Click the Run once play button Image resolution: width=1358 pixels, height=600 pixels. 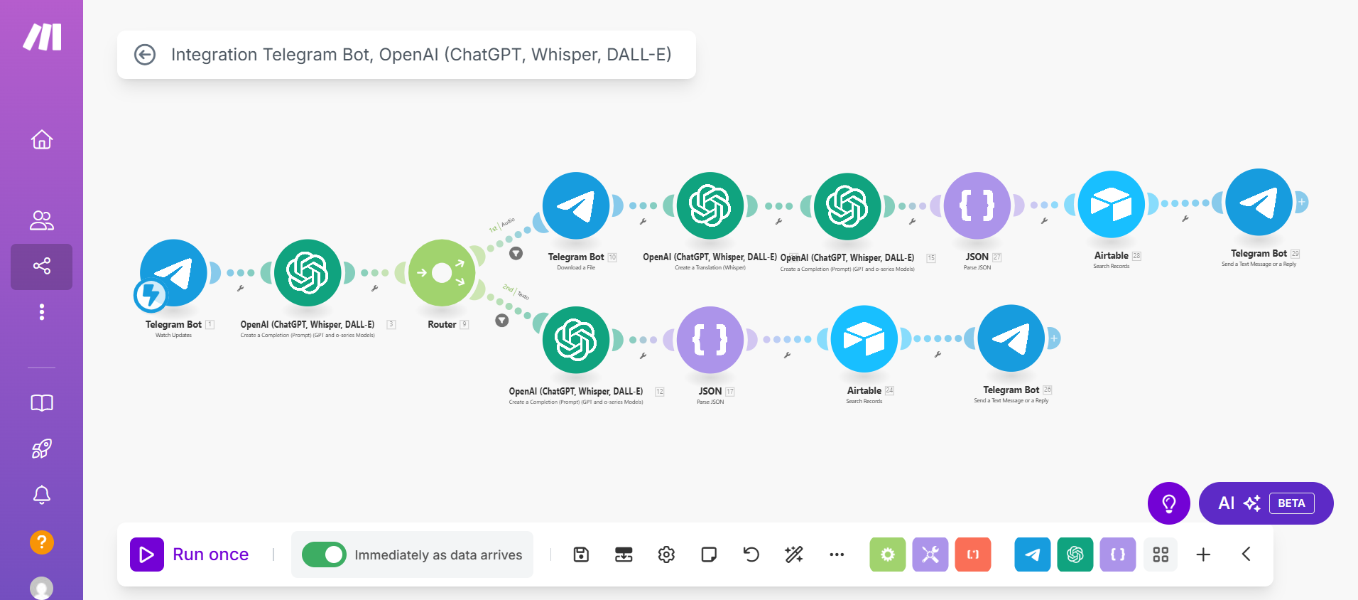[147, 555]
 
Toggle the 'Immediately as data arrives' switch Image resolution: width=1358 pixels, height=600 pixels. [324, 555]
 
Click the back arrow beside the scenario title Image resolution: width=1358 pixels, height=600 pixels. [145, 55]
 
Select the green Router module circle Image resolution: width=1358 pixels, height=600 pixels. [442, 273]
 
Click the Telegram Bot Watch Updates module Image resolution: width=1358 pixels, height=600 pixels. [173, 273]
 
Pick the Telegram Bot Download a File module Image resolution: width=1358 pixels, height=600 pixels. [576, 205]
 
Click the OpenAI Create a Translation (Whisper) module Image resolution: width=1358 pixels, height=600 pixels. [710, 205]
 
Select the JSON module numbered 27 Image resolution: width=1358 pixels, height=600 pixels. [977, 205]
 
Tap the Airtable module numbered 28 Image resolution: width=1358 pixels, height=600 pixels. [1112, 205]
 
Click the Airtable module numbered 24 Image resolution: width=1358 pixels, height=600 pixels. [864, 339]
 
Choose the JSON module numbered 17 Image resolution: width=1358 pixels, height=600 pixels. [710, 340]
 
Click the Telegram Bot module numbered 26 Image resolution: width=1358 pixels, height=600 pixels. [1011, 338]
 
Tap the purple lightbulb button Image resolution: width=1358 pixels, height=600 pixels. [1168, 503]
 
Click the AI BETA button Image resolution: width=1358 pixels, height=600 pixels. [1266, 503]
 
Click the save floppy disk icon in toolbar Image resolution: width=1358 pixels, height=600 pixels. [581, 555]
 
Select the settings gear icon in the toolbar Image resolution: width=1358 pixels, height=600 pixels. [666, 555]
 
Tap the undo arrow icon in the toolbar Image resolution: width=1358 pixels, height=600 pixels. [751, 555]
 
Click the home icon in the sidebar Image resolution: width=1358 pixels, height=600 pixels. [42, 139]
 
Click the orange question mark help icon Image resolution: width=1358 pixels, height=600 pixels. [42, 542]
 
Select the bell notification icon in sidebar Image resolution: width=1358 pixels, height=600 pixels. [42, 495]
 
